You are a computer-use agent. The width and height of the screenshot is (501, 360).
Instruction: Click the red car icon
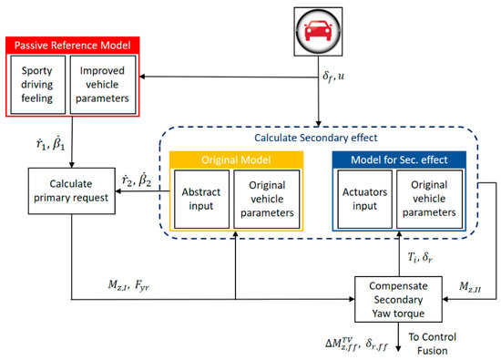[317, 29]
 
